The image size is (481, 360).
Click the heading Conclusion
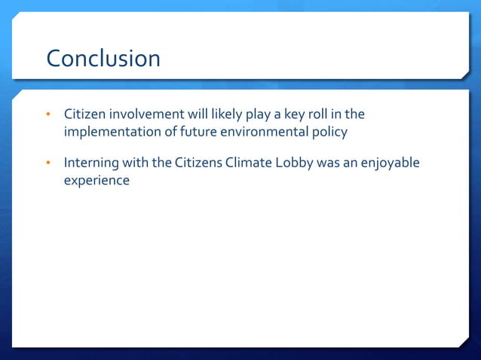coord(103,59)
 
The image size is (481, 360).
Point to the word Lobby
coord(288,163)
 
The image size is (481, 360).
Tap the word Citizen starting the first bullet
coord(85,114)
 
